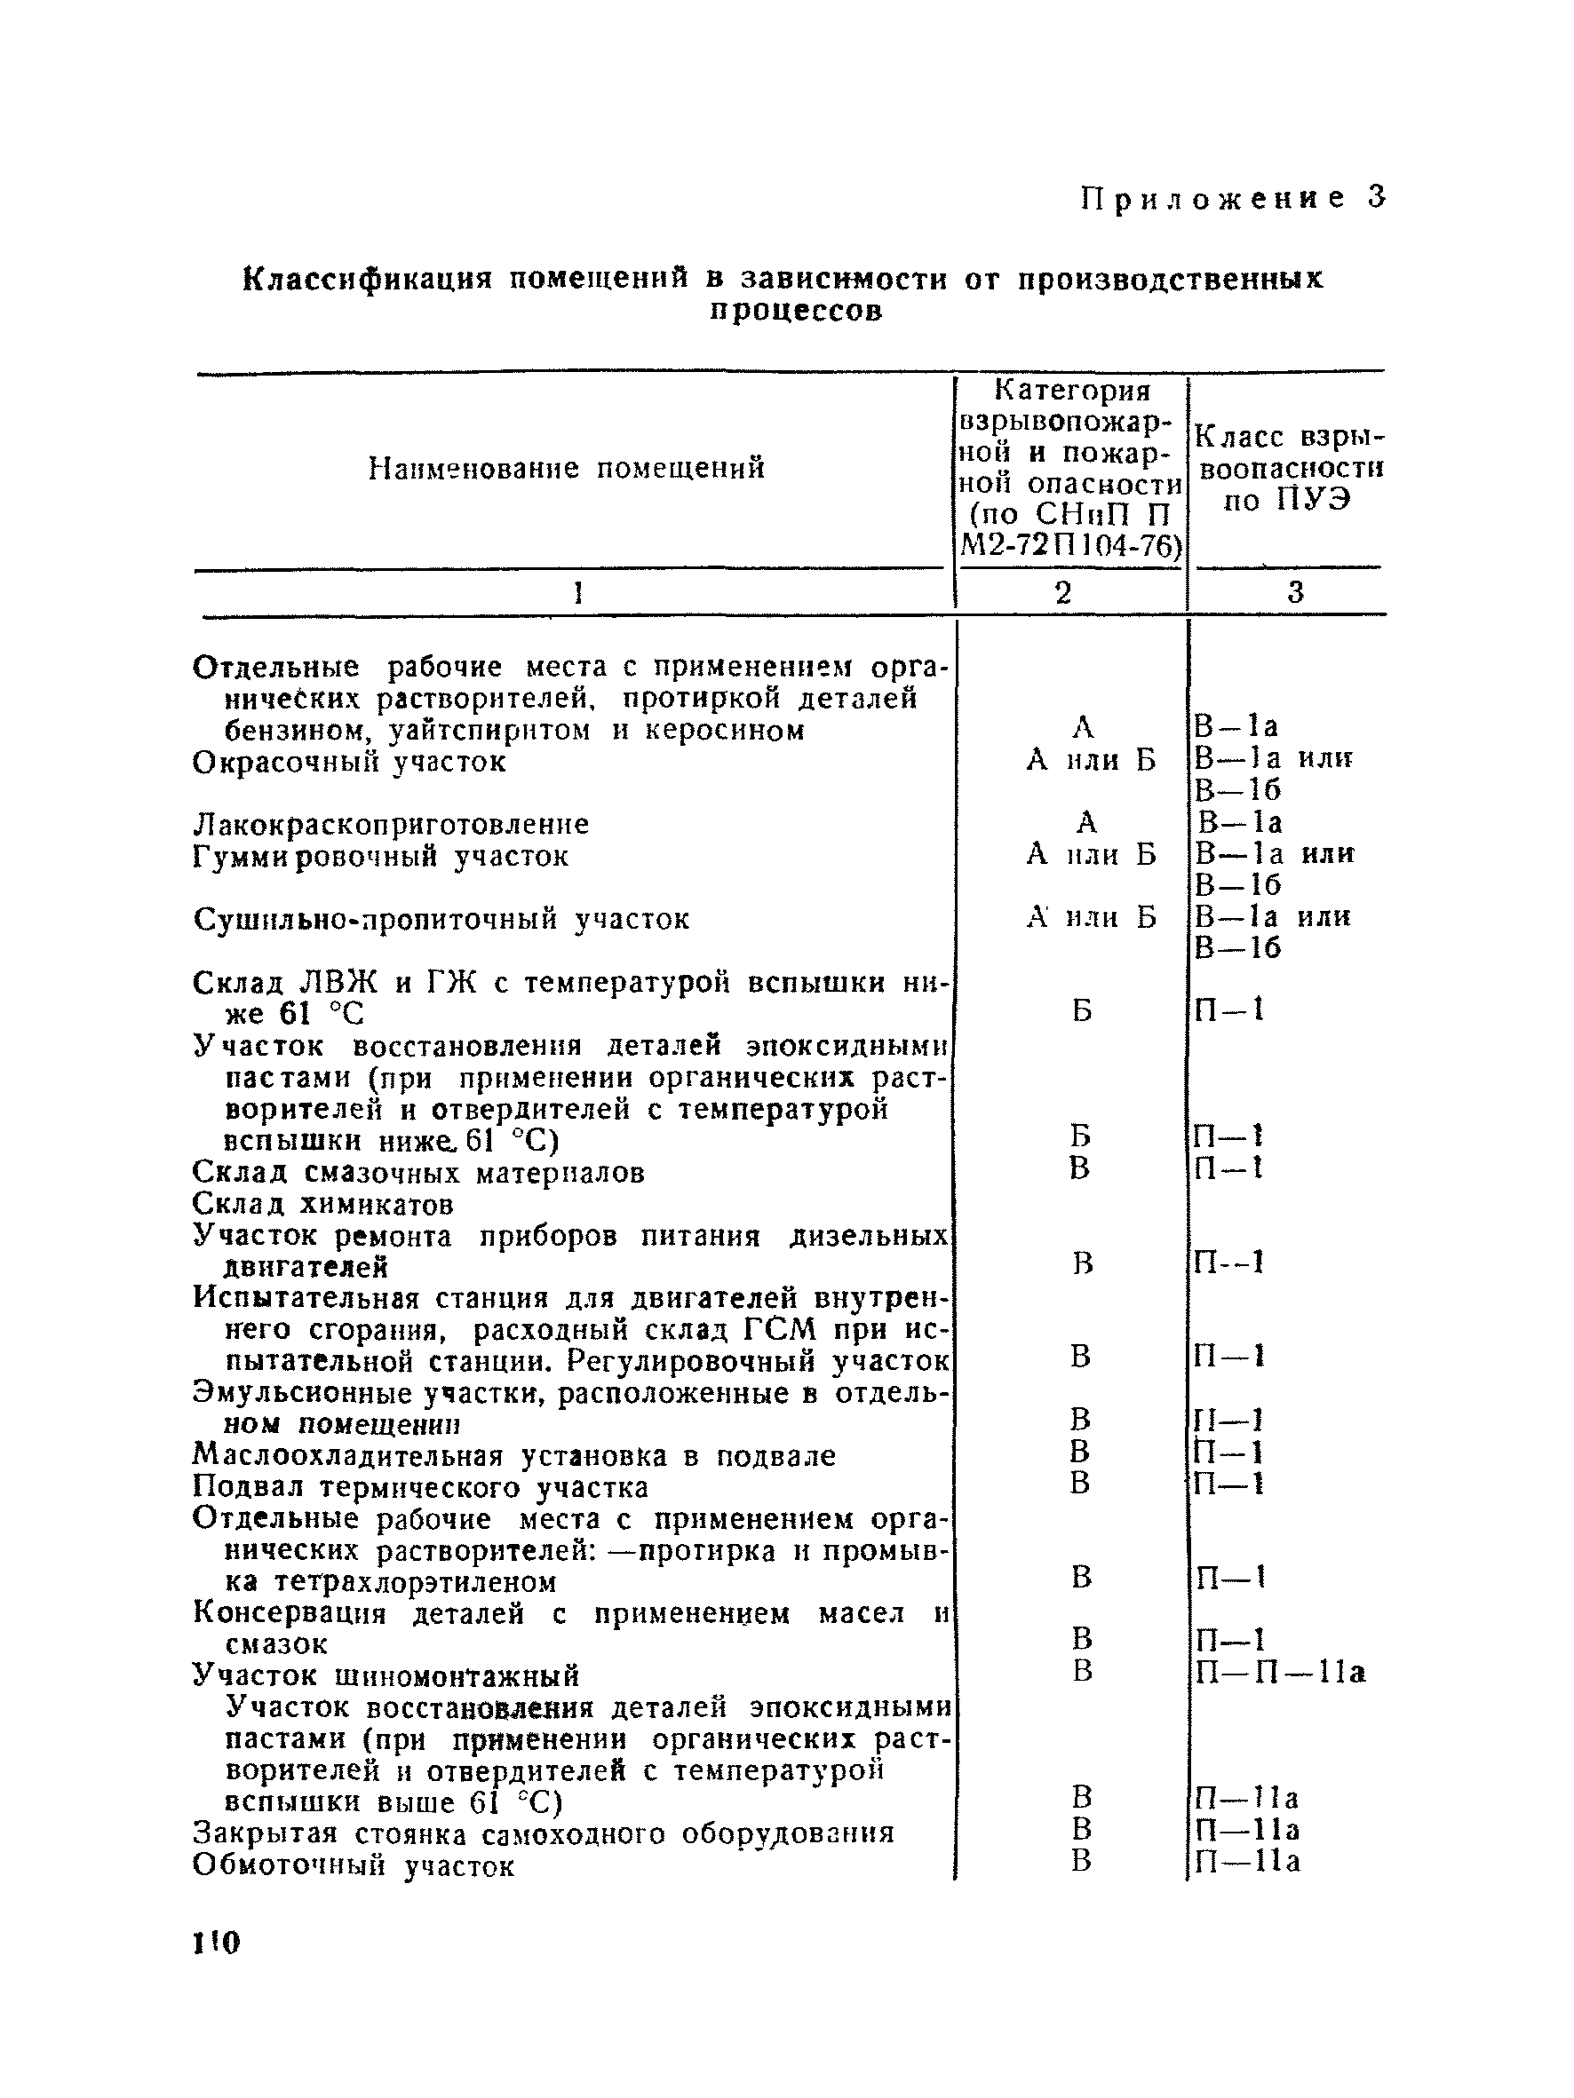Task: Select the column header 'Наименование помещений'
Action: (x=566, y=469)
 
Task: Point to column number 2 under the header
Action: (x=1063, y=593)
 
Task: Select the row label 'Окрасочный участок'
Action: (x=349, y=762)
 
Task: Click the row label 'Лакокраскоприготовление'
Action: (x=391, y=823)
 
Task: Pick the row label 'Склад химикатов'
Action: (x=322, y=1205)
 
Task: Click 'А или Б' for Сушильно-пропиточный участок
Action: (x=1091, y=917)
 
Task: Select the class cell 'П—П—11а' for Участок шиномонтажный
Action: (x=1280, y=1672)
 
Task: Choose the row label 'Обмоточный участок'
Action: (x=353, y=1865)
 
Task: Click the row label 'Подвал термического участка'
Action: (x=420, y=1486)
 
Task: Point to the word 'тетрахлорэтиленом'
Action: (x=415, y=1582)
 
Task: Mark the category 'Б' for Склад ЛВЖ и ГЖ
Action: (x=1083, y=1010)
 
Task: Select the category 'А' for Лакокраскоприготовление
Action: (x=1087, y=821)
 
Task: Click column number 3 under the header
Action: (x=1295, y=593)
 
